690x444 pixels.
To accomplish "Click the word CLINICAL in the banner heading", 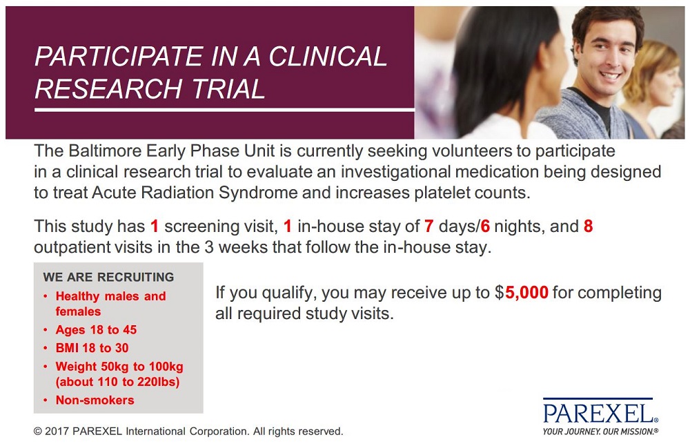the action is click(327, 57).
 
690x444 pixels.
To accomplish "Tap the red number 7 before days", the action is click(429, 226).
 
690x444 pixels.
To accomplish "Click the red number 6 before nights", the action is click(485, 226).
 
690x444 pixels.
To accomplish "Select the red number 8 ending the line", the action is click(589, 226).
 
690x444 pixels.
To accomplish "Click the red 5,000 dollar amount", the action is click(526, 293).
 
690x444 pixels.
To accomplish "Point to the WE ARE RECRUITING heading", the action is click(109, 277).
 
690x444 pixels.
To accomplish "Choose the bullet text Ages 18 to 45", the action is click(96, 329).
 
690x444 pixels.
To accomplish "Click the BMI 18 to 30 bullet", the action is click(92, 348).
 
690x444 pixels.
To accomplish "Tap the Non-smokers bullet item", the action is click(95, 400).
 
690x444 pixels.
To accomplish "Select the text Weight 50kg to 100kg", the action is click(119, 367).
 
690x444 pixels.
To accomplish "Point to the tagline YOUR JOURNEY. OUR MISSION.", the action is click(601, 432).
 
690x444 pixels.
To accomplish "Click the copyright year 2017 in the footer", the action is click(57, 431).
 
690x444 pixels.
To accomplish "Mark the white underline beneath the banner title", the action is click(224, 110).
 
